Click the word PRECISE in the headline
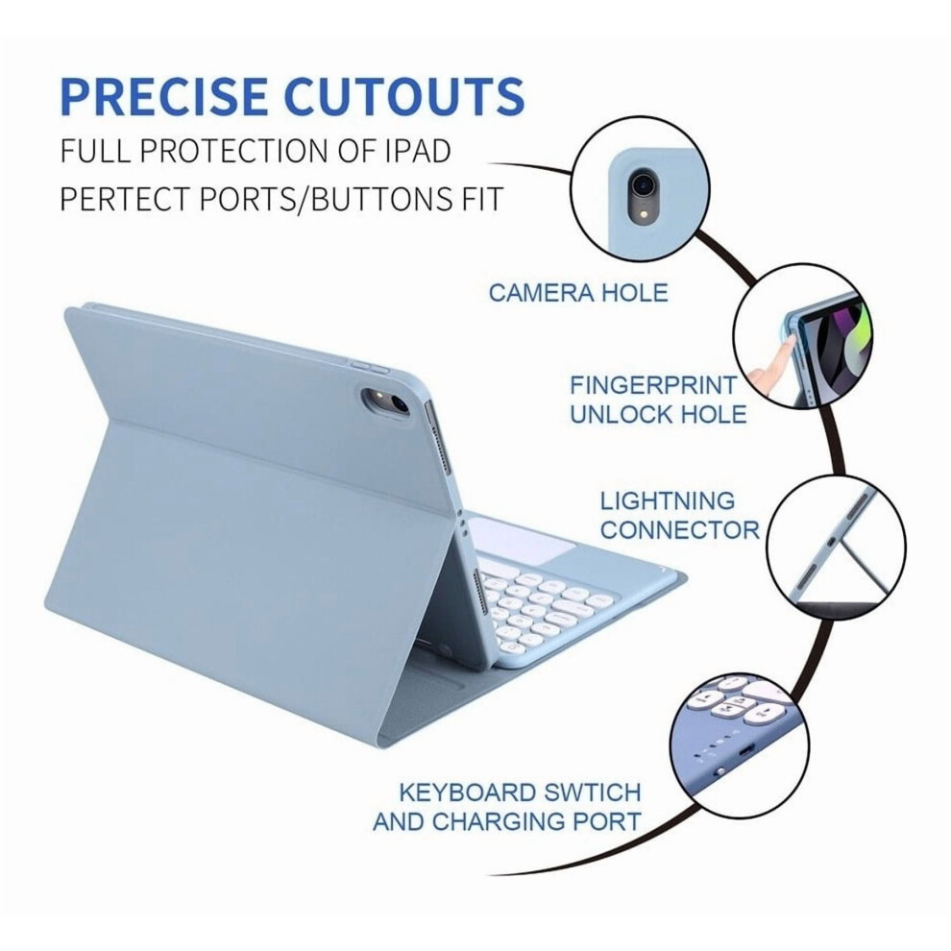[x=164, y=95]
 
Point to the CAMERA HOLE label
[x=578, y=293]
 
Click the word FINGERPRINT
[x=653, y=385]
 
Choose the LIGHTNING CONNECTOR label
[x=679, y=516]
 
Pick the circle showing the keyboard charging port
[x=740, y=743]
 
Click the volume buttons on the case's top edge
[x=369, y=367]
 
